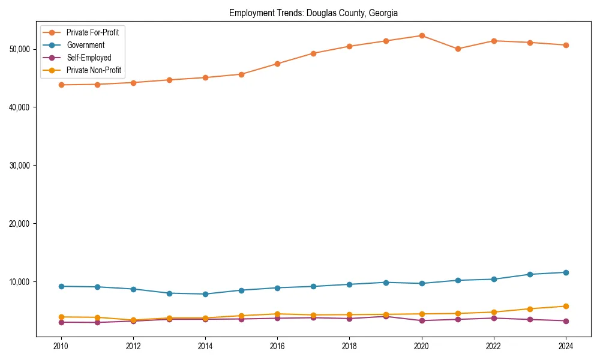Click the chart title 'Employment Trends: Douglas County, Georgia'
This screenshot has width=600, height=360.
313,13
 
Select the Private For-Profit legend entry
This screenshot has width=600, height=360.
92,32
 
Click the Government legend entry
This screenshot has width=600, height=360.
85,45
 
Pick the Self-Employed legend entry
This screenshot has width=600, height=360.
88,58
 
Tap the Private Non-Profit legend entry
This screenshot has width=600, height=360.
94,70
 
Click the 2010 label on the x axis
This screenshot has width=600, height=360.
60,346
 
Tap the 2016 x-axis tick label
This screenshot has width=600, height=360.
277,346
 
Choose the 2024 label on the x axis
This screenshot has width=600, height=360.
566,346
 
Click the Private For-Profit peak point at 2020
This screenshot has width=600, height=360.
422,35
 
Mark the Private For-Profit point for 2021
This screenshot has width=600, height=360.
458,49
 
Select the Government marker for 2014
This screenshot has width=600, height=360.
205,294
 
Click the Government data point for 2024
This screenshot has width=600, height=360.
566,272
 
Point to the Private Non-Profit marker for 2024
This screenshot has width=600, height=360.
566,306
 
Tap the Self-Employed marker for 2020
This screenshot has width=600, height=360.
422,320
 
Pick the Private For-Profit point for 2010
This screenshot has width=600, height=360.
60,85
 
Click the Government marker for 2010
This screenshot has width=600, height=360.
60,286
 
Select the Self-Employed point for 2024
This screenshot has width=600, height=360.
566,321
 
